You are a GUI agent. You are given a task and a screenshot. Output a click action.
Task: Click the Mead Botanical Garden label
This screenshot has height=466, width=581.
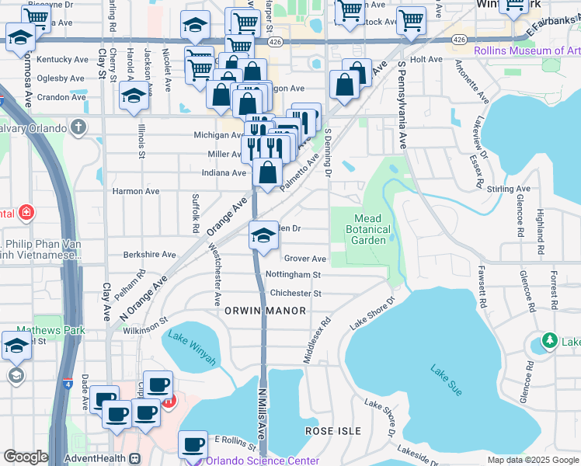point(367,229)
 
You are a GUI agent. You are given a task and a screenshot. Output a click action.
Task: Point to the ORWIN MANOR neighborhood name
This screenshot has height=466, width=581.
point(265,311)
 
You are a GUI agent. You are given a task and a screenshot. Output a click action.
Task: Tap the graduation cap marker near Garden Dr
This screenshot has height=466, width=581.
point(264,235)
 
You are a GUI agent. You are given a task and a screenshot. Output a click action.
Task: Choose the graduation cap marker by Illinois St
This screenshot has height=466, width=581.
point(134,96)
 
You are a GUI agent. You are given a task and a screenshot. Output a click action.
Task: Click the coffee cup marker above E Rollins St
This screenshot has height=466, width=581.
point(193,445)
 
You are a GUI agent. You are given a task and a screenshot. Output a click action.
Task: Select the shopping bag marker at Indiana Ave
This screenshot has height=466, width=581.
point(267,173)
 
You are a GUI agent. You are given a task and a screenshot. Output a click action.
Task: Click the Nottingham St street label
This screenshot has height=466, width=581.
point(293,275)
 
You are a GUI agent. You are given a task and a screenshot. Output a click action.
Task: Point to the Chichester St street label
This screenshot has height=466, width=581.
point(295,294)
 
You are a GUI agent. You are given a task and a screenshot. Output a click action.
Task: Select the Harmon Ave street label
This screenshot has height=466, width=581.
point(136,191)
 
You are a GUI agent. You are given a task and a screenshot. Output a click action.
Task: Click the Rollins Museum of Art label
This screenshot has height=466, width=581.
point(527,52)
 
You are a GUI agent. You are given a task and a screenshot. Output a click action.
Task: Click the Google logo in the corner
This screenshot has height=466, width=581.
point(26,457)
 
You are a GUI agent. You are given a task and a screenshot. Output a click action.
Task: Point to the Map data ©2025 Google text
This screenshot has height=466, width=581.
point(532,460)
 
